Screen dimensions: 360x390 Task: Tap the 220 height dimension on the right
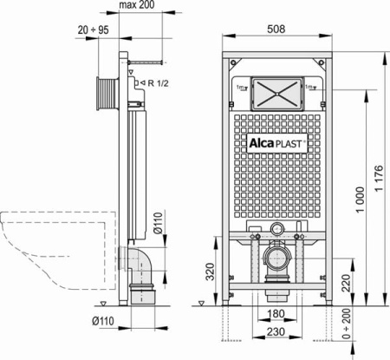346,282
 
